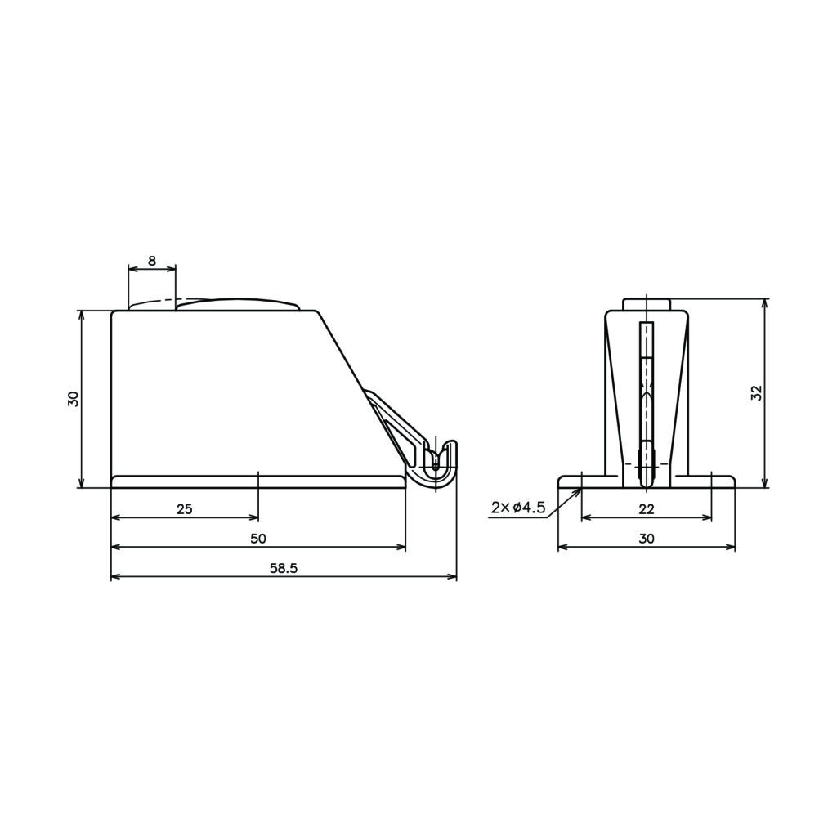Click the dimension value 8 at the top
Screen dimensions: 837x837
[152, 261]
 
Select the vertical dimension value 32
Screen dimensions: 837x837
[756, 393]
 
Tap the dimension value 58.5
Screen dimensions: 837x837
[284, 568]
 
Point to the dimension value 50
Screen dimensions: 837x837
[258, 539]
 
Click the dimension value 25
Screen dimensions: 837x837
[185, 508]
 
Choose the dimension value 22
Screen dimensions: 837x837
[647, 508]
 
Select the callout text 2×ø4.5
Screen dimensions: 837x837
[518, 507]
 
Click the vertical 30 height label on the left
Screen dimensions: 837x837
[73, 399]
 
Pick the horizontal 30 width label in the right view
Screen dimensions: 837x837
[647, 539]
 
